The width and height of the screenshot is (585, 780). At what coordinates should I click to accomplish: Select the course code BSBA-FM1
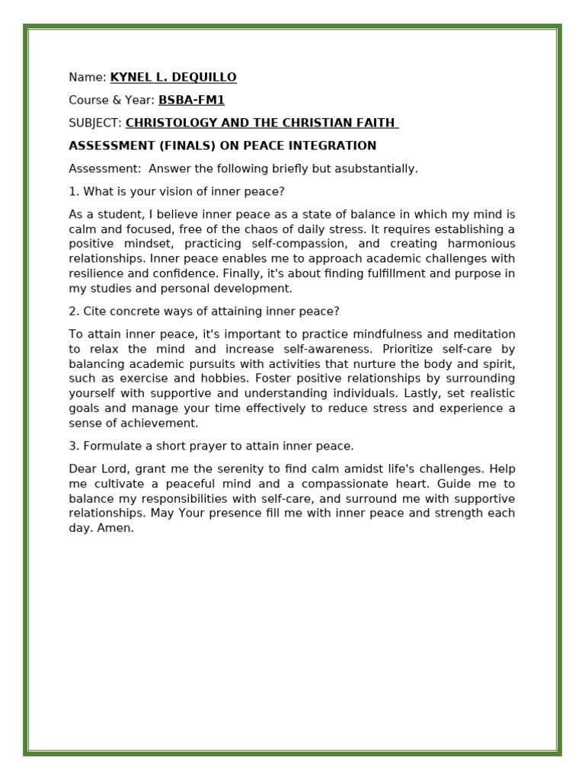point(191,100)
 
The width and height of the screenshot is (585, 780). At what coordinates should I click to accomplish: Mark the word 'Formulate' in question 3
point(110,446)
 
